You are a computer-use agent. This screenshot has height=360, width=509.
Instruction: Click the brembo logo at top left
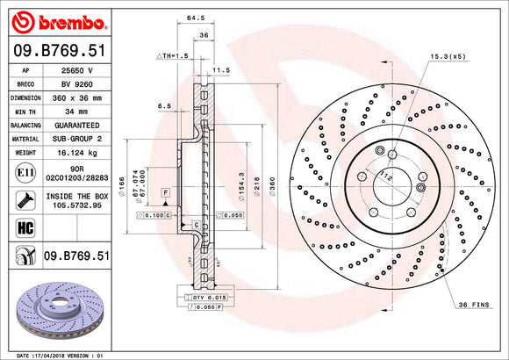57,19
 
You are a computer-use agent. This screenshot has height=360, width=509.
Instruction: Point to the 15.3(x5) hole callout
448,56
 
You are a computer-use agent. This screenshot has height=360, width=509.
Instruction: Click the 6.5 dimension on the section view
164,105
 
